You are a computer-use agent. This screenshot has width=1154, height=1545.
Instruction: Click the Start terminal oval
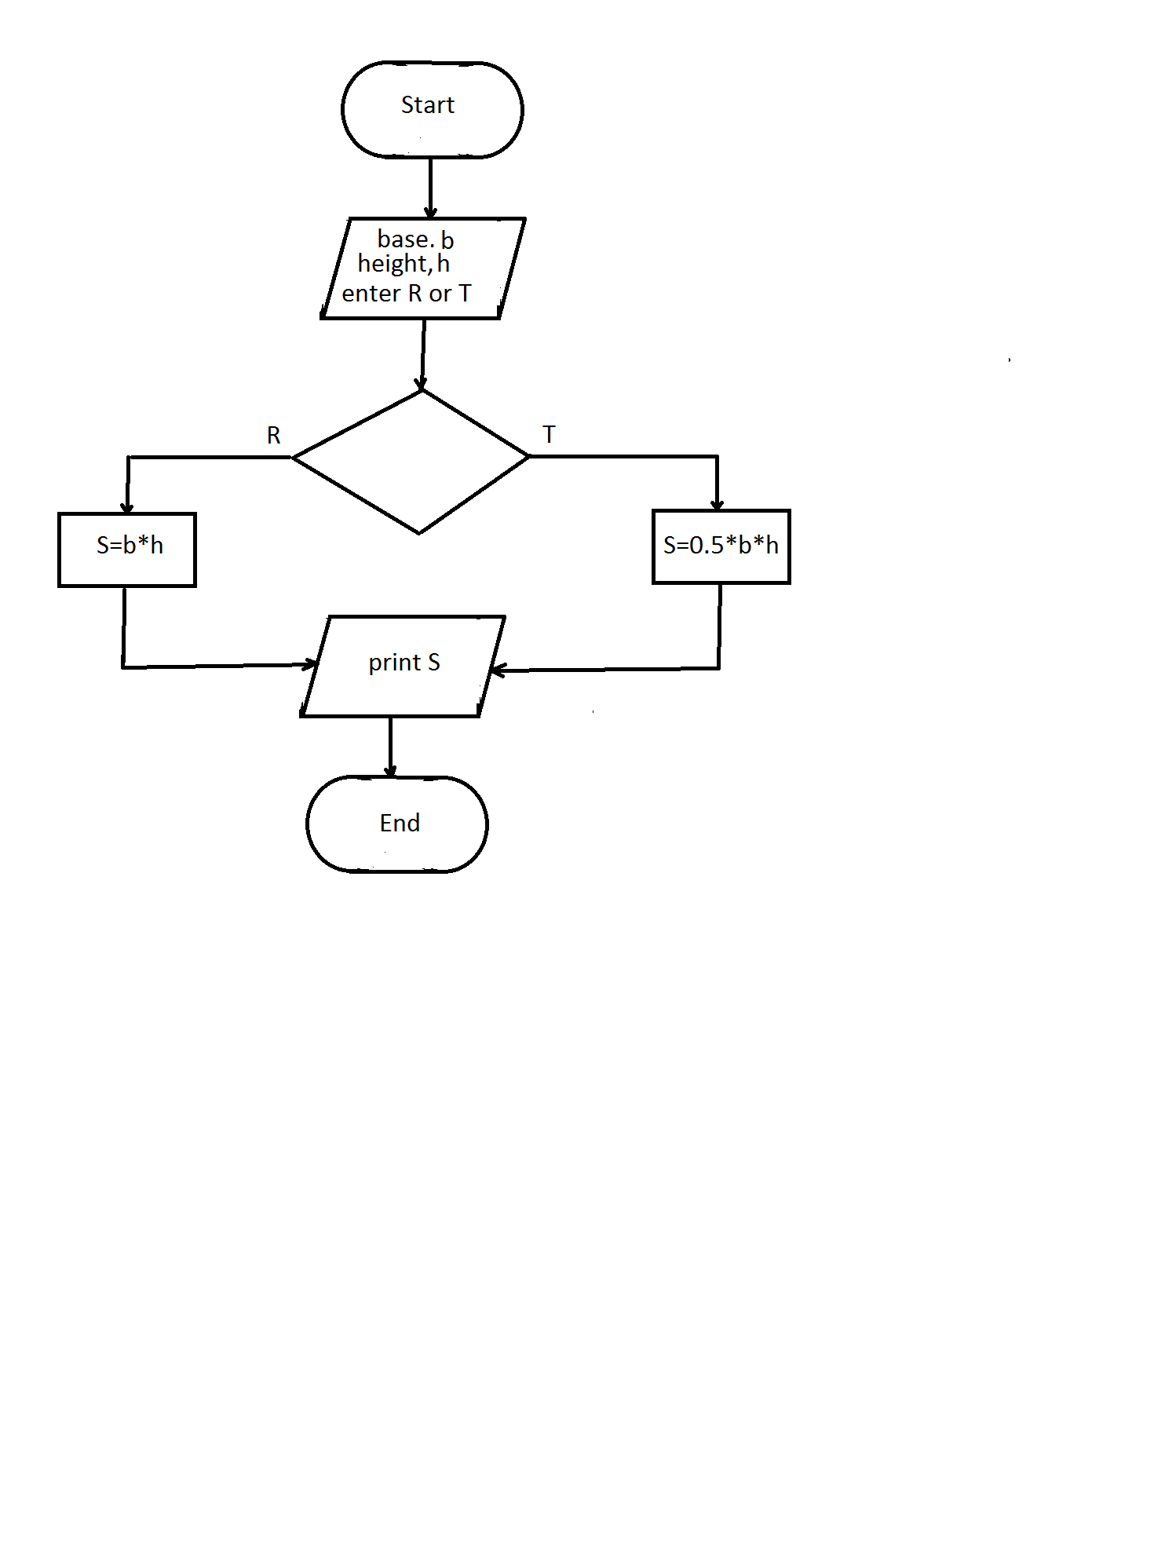coord(432,110)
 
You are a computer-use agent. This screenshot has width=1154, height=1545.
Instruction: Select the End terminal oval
coord(397,824)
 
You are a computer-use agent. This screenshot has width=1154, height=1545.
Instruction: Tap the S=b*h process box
coord(127,550)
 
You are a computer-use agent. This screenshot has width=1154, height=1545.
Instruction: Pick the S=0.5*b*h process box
coord(721,546)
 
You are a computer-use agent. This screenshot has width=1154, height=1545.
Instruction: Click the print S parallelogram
coord(403,666)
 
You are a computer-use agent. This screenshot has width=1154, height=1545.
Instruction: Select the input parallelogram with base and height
coord(422,268)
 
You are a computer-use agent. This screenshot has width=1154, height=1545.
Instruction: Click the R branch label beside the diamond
coord(273,436)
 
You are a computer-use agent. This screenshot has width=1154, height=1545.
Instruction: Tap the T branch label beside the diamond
coord(549,434)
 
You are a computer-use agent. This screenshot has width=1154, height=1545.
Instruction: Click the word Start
coord(427,105)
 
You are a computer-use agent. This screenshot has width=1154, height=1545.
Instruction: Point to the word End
coord(400,823)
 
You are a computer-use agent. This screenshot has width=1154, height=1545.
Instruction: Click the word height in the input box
coord(393,264)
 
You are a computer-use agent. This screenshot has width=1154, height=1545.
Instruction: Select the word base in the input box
coord(404,239)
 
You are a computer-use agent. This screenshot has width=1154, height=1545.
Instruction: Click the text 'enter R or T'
coord(406,294)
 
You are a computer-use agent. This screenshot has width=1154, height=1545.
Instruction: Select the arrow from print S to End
coord(390,746)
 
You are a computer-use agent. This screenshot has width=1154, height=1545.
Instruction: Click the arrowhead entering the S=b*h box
coord(127,507)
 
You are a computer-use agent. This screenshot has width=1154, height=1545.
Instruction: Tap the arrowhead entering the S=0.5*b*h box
coord(717,504)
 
